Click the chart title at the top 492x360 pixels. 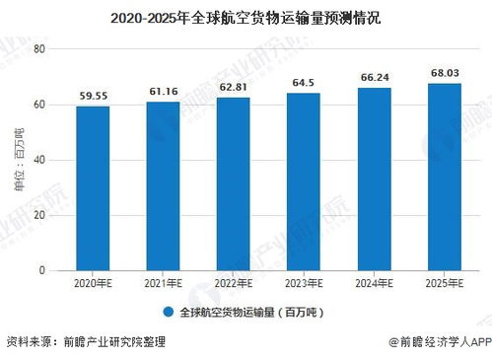point(246,18)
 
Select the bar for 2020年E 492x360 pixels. point(94,187)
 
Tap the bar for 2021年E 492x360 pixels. point(163,185)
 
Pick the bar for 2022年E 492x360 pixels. point(233,183)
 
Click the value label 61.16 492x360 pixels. point(163,93)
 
